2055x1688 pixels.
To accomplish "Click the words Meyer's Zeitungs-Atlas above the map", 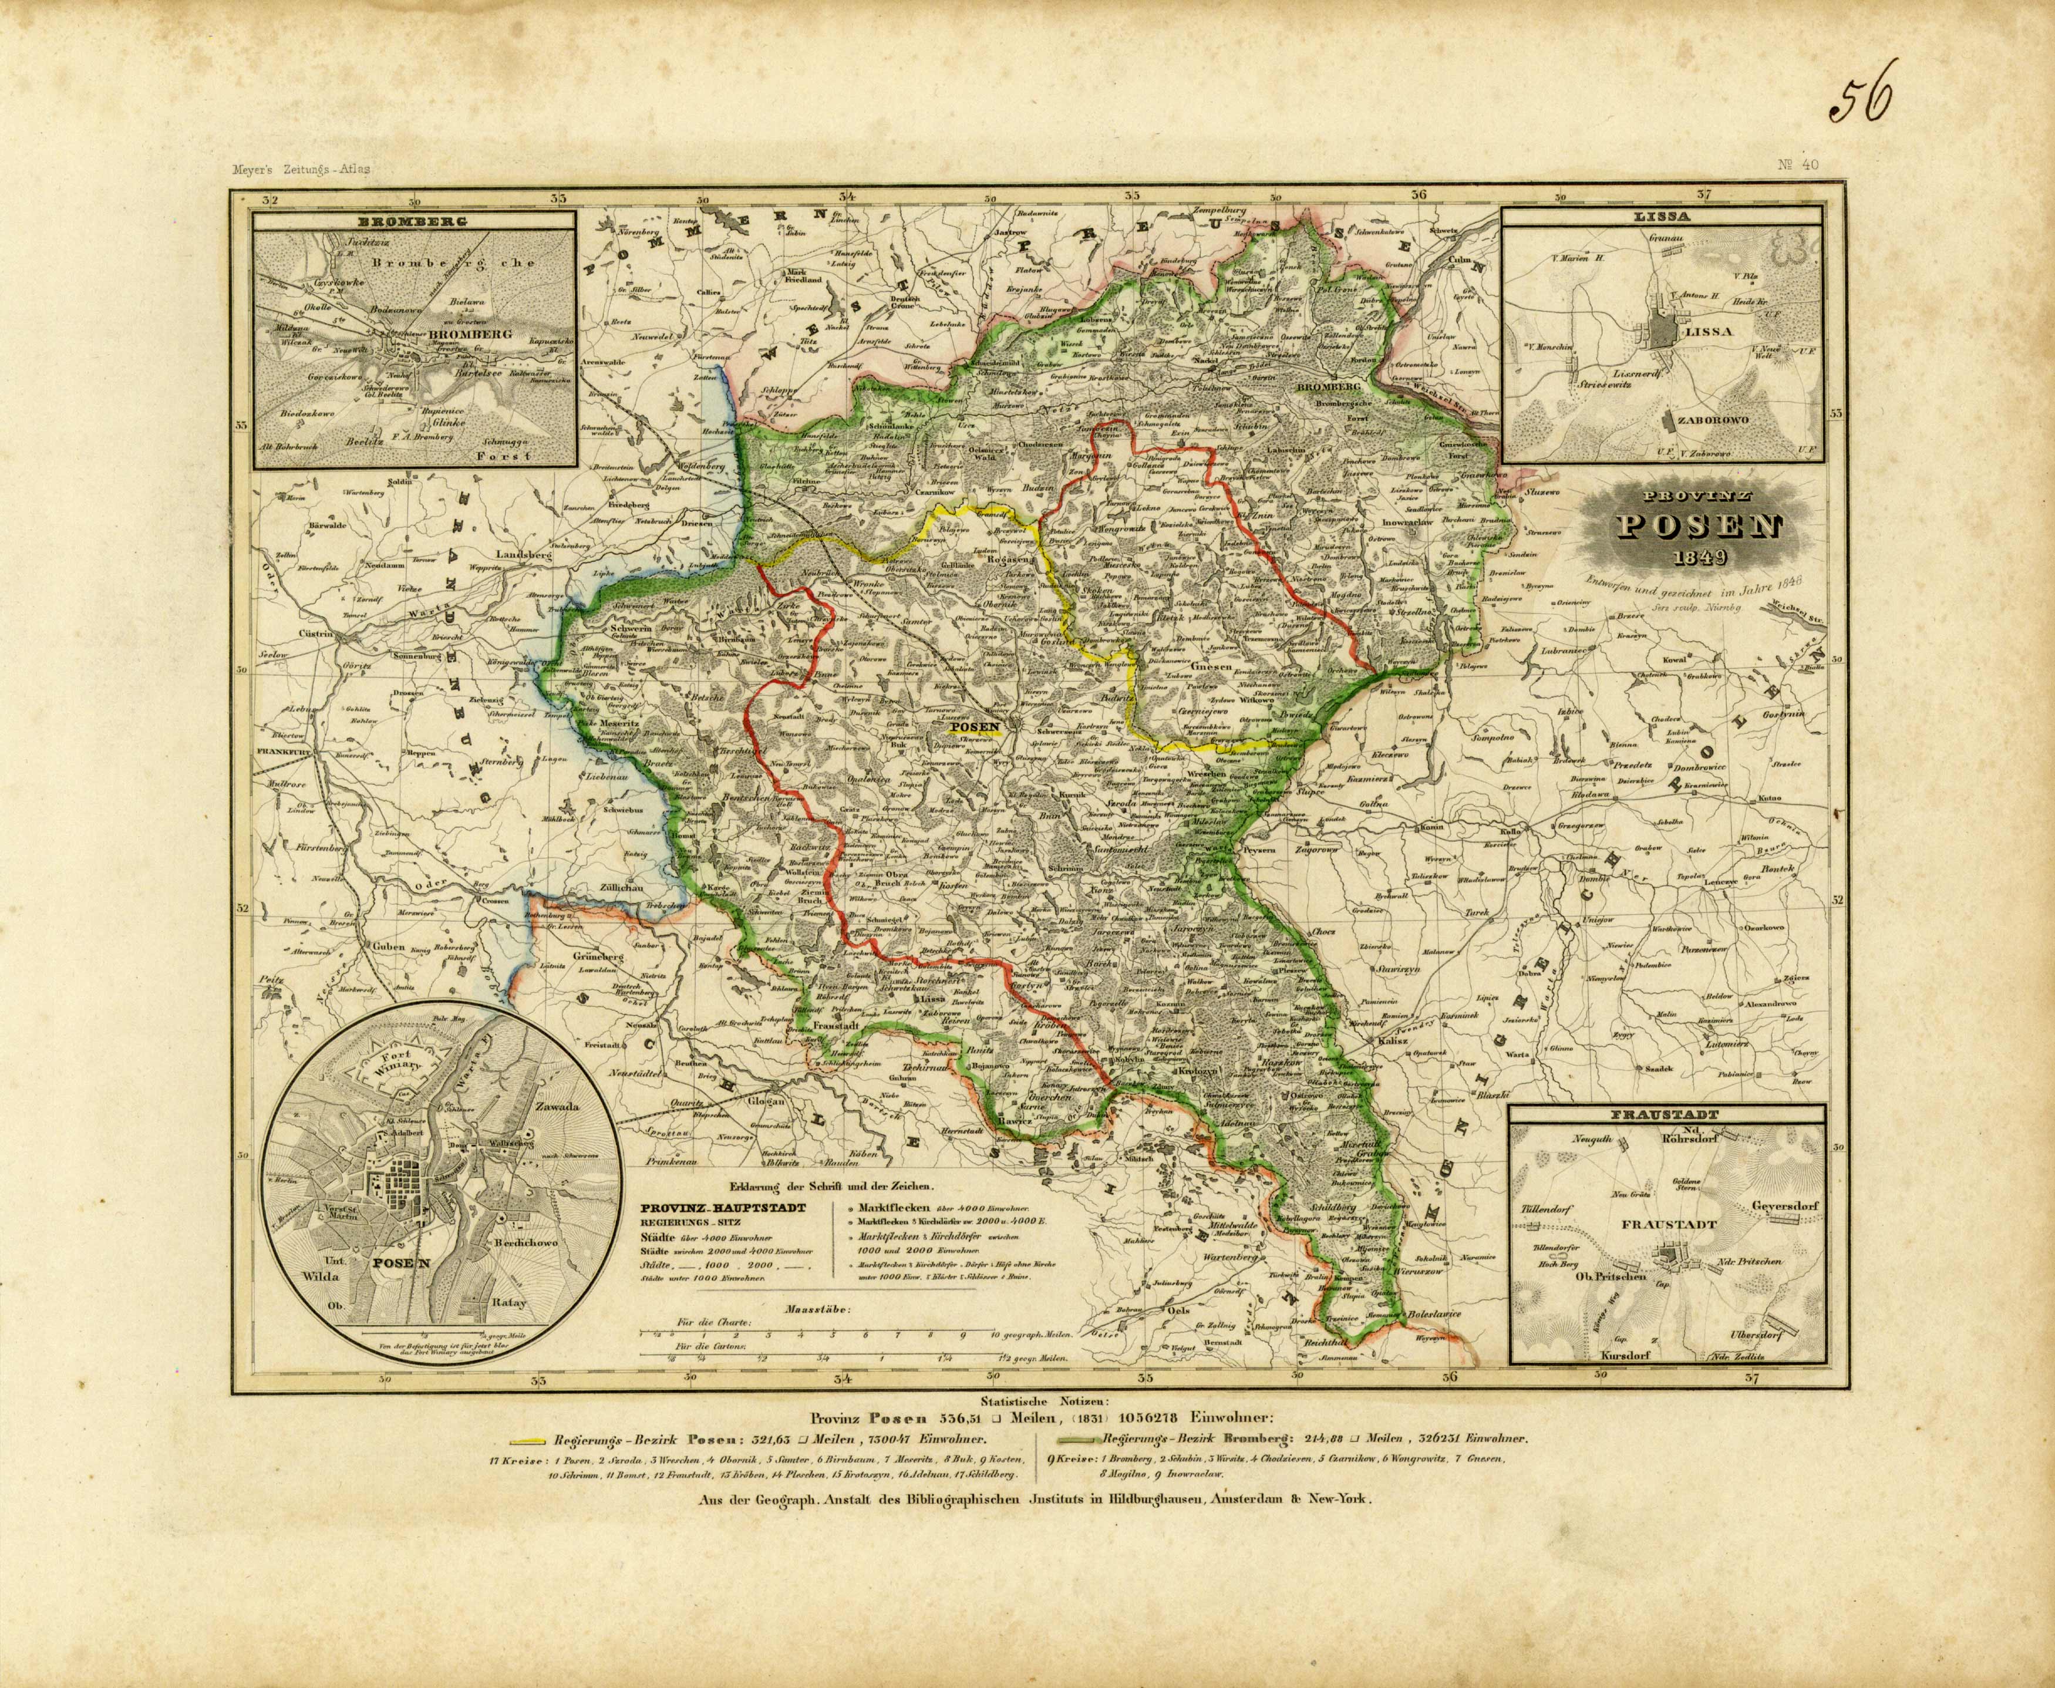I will (x=301, y=169).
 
